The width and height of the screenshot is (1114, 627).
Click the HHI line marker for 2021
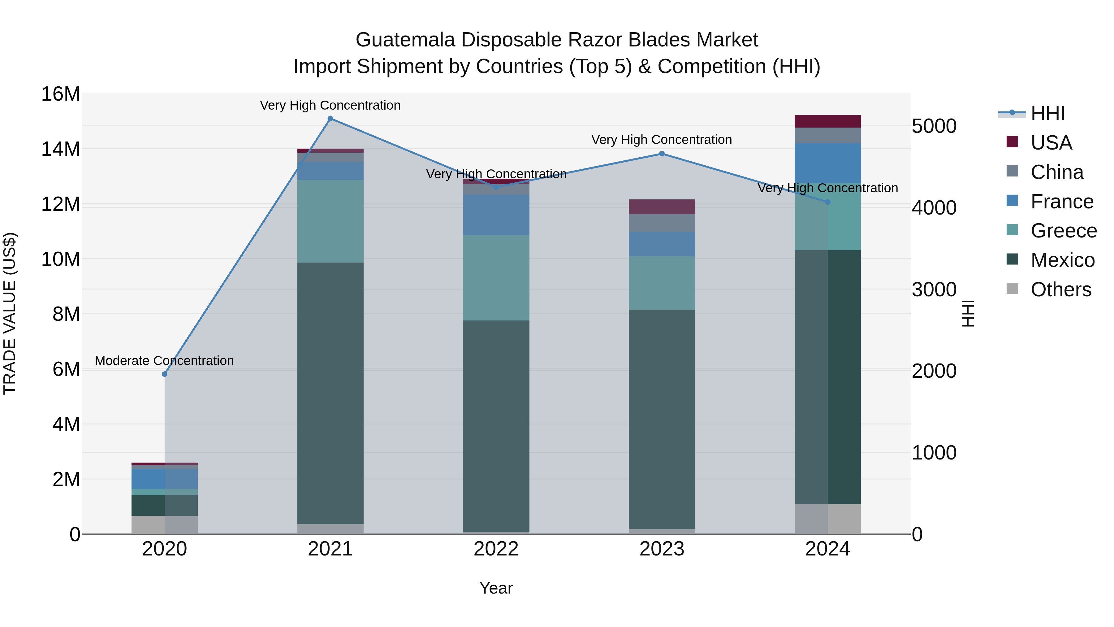tap(330, 119)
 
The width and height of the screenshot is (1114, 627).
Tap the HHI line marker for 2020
tap(164, 374)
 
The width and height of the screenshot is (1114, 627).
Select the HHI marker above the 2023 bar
tap(662, 154)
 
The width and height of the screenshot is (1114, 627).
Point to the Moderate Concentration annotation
tap(164, 360)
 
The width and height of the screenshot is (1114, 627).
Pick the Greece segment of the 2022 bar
tap(496, 278)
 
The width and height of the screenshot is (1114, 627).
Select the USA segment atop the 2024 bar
tap(828, 121)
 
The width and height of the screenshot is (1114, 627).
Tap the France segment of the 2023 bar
tap(662, 244)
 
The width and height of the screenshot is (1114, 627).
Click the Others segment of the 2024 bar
tap(828, 519)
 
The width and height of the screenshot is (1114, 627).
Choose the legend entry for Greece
tap(1063, 231)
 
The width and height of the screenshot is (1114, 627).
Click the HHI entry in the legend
tap(1047, 113)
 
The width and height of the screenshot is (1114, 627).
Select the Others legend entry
tap(1060, 290)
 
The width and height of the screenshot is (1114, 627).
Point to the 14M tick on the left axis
tap(61, 149)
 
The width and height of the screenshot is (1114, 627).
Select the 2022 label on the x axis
tap(496, 549)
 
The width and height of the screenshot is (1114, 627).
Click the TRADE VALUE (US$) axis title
tap(10, 313)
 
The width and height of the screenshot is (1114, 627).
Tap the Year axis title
tap(496, 588)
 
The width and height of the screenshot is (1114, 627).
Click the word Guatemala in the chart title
tap(405, 40)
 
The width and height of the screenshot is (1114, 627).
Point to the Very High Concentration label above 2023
tap(662, 140)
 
